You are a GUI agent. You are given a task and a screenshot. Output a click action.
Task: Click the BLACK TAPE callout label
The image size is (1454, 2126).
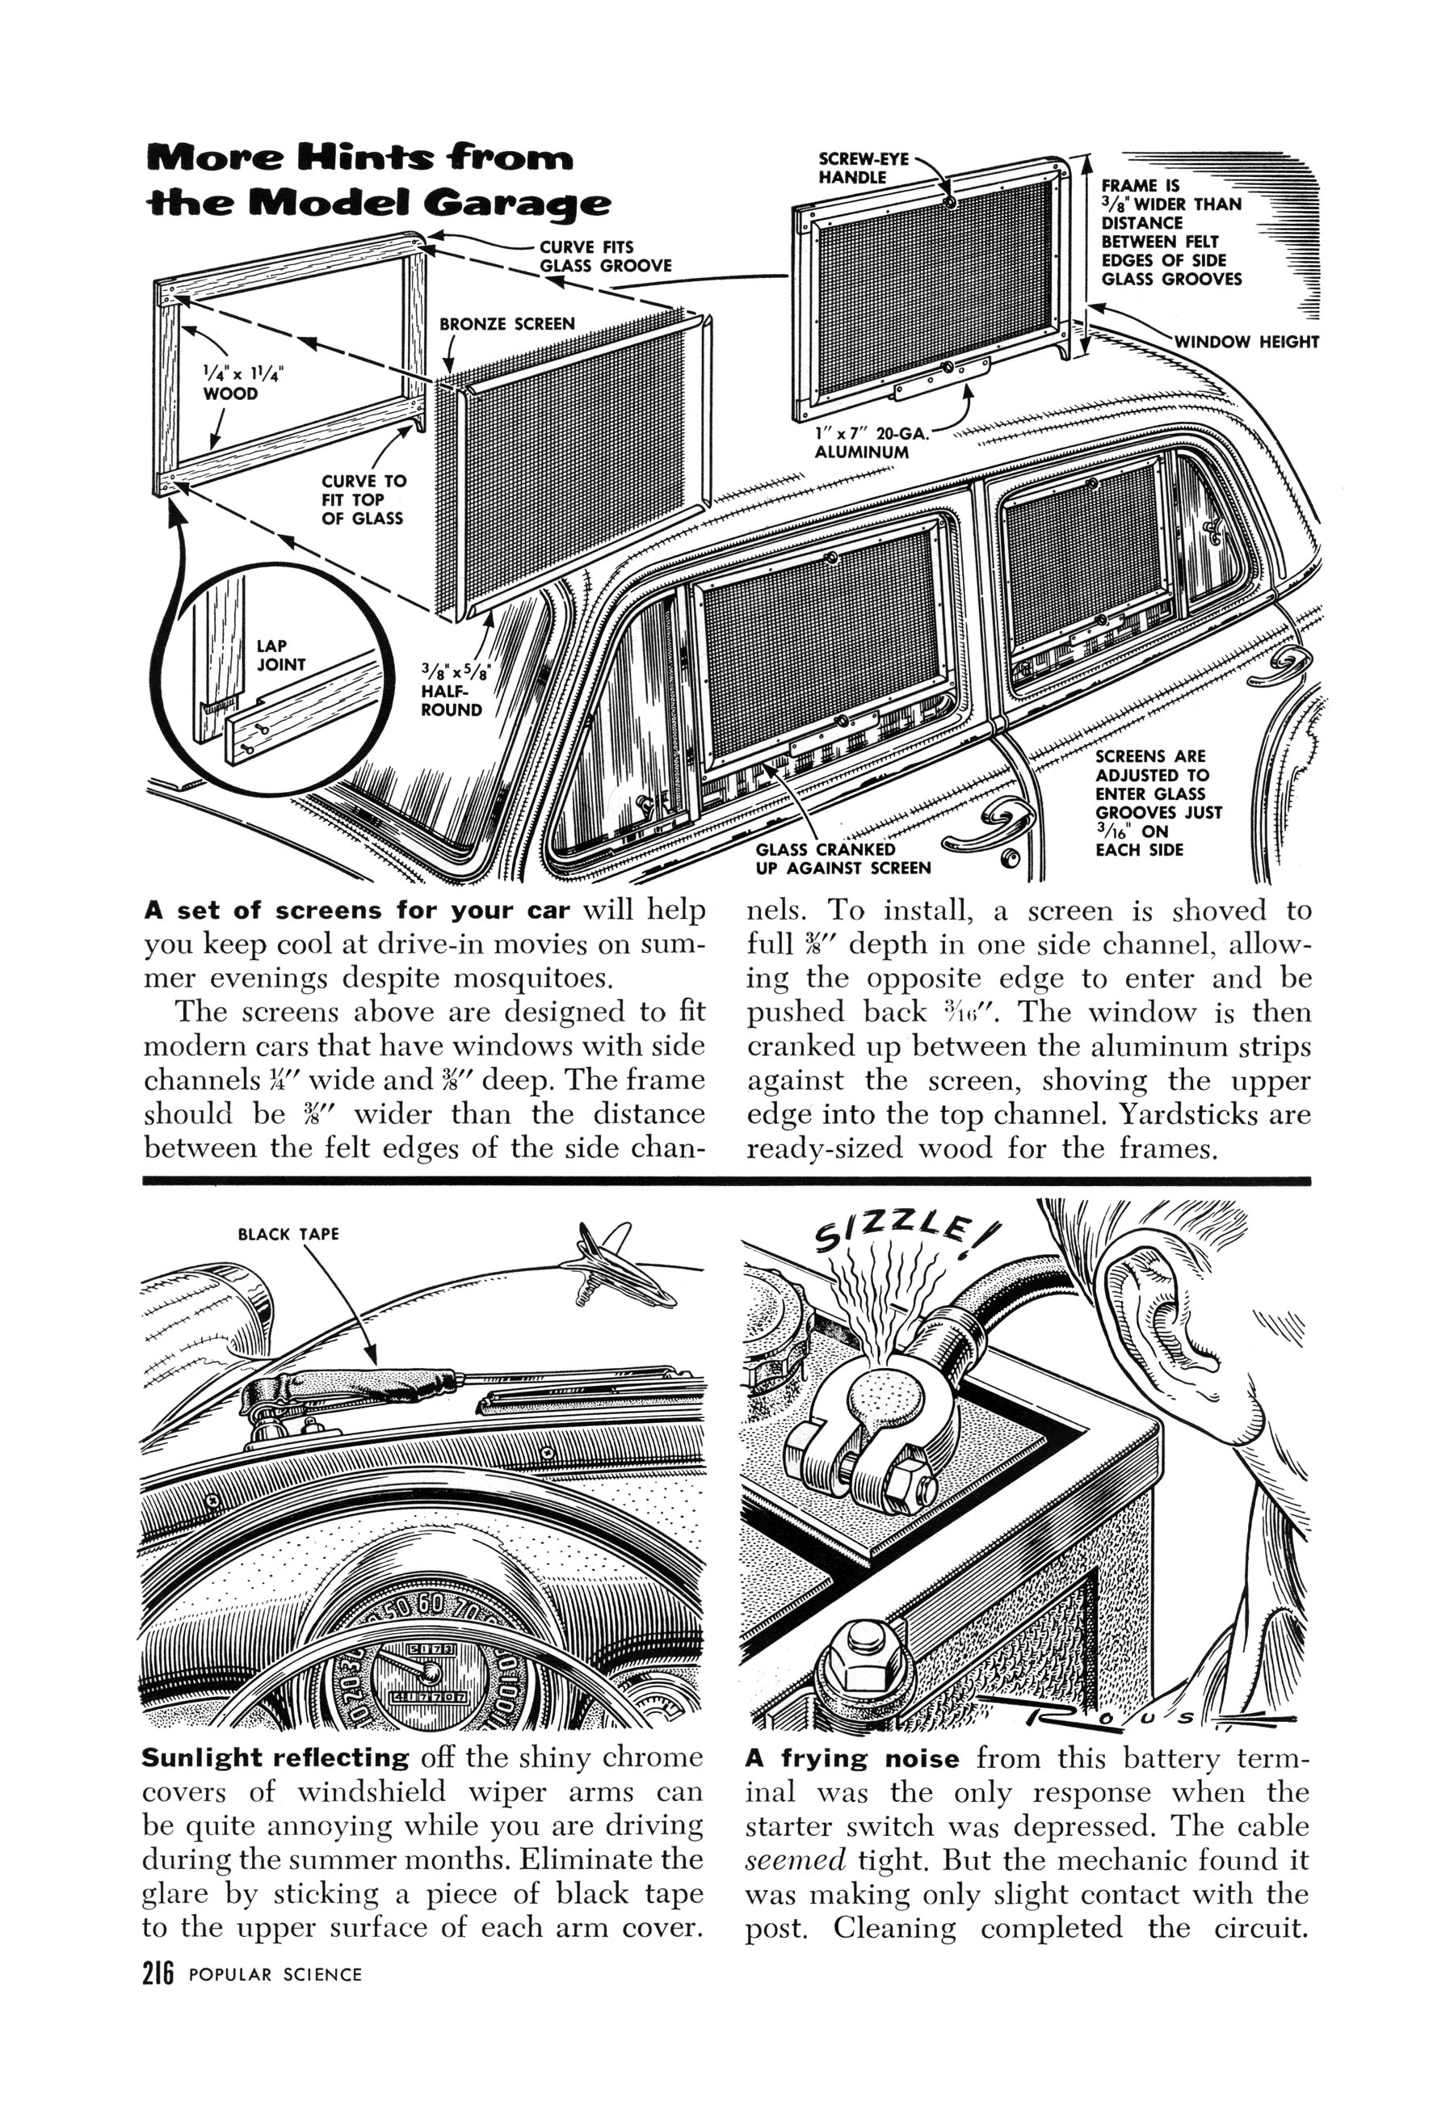288,1234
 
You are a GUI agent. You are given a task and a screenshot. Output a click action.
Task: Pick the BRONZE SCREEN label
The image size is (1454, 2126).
507,324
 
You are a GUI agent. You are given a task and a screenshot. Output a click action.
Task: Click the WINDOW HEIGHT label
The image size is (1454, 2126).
1246,342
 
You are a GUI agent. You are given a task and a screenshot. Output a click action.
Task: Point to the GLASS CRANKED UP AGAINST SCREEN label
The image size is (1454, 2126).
843,858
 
